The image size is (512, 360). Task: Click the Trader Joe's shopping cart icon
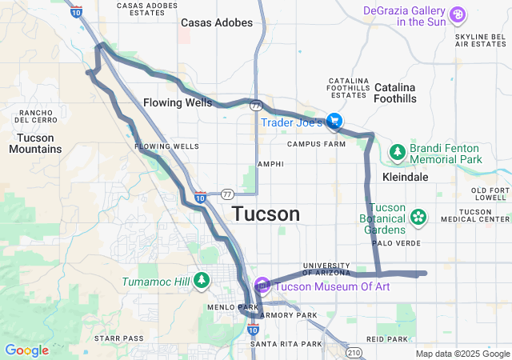tap(334, 122)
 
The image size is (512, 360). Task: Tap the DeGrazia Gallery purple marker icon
tap(457, 14)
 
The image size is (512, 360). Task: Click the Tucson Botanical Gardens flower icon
tap(418, 216)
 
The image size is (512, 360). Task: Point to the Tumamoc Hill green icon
tap(202, 281)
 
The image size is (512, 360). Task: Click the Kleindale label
tap(406, 176)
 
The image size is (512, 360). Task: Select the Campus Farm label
tap(316, 145)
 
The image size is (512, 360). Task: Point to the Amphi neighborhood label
tap(270, 164)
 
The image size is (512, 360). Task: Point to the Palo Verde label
tap(392, 243)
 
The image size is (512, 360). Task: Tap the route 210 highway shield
tap(354, 352)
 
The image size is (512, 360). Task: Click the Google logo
tap(26, 350)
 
